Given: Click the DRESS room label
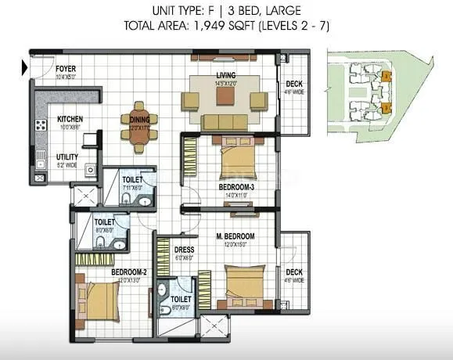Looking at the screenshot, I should [185, 250].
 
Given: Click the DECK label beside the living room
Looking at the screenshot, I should [294, 85].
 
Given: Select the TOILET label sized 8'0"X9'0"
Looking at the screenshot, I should [182, 299].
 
